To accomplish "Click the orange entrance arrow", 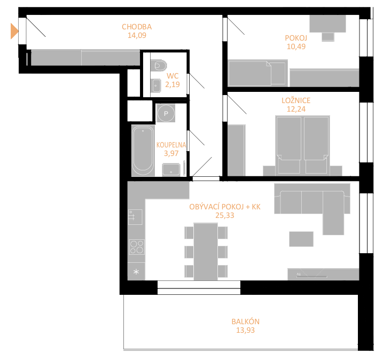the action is point(14,31).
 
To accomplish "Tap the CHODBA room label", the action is point(137,27).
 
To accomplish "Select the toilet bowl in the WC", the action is point(158,66).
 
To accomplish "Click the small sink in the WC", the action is point(155,85).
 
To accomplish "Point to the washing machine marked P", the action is point(166,113).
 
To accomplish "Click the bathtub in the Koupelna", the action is point(143,151).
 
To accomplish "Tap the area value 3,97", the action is point(171,153).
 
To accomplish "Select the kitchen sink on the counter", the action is point(135,217).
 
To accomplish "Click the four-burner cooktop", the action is point(137,247).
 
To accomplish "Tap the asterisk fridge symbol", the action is point(136,271).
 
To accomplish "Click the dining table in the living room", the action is point(206,252).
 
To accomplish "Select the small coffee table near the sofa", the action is point(301,239).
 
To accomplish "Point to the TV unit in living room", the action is point(323,274).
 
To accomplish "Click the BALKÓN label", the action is point(246,322).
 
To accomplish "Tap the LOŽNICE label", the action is point(296,100).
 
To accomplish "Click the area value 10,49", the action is point(296,46).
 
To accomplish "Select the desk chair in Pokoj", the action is point(328,37).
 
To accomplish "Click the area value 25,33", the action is point(225,215).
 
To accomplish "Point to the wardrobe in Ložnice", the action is point(237,151).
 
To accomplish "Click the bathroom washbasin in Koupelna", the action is point(171,170).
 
